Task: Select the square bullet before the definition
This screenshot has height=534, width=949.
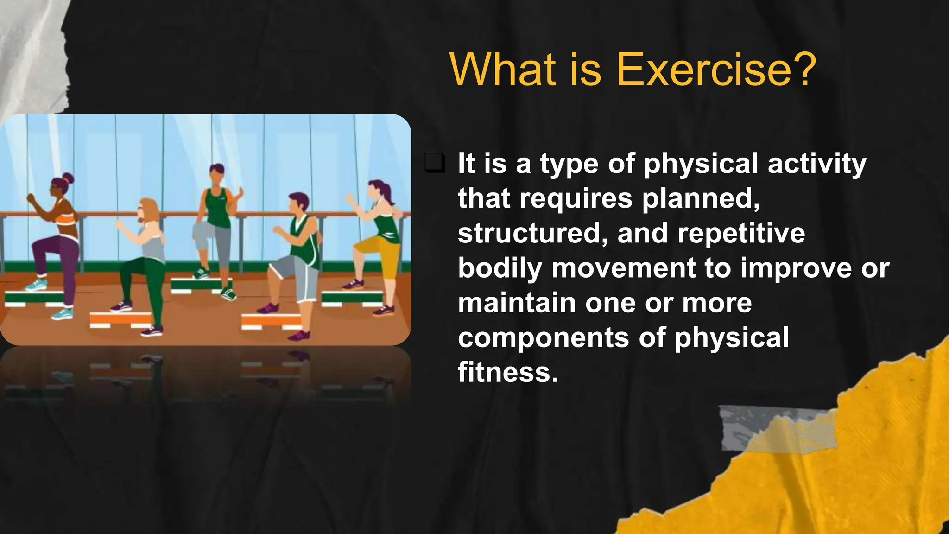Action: coord(435,163)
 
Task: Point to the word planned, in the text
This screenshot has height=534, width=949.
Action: coord(701,199)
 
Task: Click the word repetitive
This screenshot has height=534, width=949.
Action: coord(741,233)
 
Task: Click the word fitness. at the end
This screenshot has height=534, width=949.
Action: coord(508,372)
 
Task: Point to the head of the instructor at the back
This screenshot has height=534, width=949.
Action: coord(216,174)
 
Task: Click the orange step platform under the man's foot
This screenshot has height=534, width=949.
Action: coord(271,320)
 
